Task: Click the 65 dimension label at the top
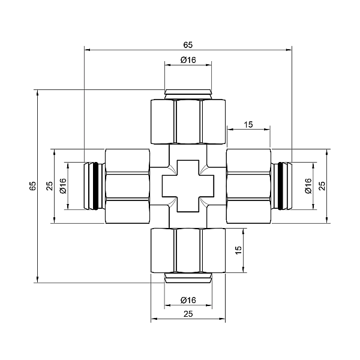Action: click(188, 45)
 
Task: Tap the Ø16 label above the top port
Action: click(188, 60)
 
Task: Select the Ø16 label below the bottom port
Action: click(188, 300)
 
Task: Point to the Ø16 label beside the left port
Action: click(63, 186)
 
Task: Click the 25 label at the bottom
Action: click(188, 314)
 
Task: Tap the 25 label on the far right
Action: click(322, 186)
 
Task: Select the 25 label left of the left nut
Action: click(49, 186)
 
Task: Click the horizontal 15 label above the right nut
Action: click(248, 125)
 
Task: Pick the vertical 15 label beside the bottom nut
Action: click(238, 250)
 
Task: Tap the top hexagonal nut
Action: click(188, 121)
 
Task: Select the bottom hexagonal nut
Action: click(188, 250)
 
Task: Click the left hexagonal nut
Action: click(127, 186)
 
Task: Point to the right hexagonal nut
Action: click(248, 186)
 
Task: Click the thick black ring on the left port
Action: click(96, 186)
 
